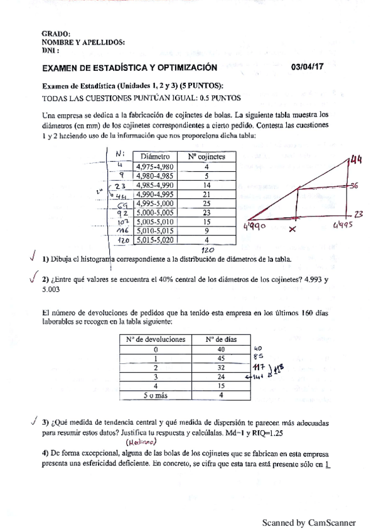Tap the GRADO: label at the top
[55, 34]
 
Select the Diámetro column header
[156, 156]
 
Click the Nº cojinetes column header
[207, 156]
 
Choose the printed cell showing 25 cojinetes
[207, 204]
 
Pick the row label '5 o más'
[155, 395]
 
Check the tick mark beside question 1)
[32, 257]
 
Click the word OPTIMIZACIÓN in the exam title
[183, 66]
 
